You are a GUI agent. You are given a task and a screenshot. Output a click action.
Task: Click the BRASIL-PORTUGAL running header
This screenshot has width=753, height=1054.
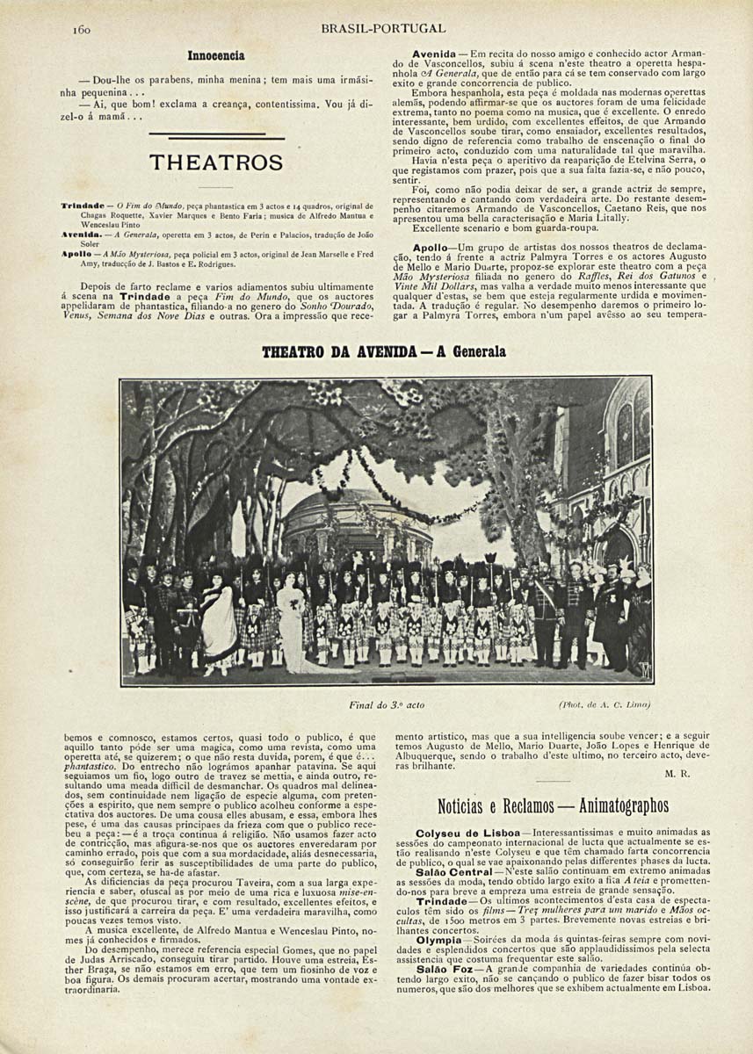pyautogui.click(x=383, y=28)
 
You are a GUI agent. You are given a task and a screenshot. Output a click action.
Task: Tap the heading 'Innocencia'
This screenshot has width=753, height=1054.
pyautogui.click(x=215, y=55)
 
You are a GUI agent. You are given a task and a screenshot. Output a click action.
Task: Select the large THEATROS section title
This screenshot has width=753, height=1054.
pyautogui.click(x=216, y=162)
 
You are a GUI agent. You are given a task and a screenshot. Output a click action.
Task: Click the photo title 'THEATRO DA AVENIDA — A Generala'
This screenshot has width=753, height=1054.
pyautogui.click(x=384, y=351)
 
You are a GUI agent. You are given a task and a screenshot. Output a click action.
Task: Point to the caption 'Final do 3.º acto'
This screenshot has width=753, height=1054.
pyautogui.click(x=386, y=704)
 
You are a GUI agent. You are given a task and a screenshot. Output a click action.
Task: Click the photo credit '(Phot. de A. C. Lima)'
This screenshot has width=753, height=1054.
pyautogui.click(x=605, y=704)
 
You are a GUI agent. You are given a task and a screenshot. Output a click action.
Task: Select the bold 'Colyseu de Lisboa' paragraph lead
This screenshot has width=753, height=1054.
pyautogui.click(x=460, y=832)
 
